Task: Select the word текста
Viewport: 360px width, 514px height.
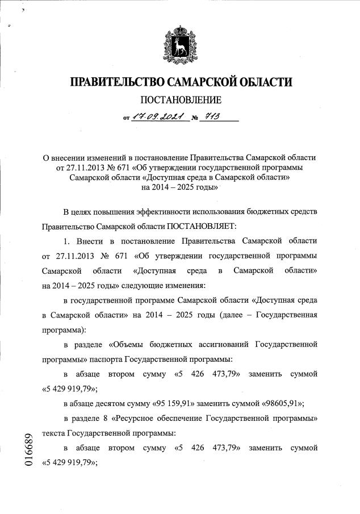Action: (54, 433)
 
